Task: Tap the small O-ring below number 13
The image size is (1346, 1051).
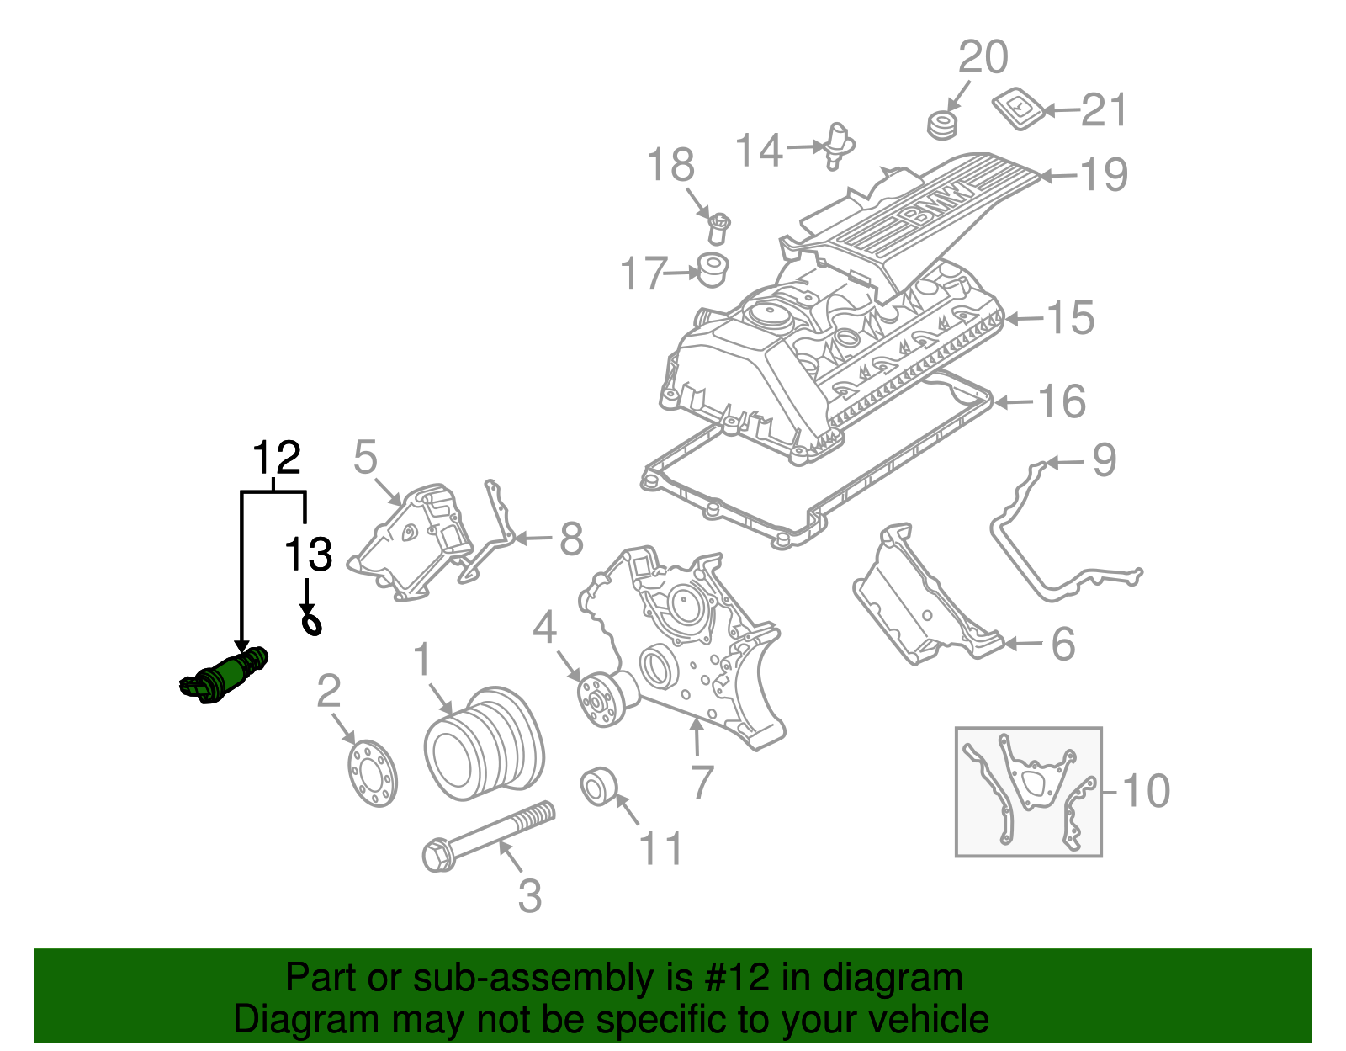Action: tap(312, 624)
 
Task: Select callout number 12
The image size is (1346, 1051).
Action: tap(276, 459)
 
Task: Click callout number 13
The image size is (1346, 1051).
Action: tap(308, 555)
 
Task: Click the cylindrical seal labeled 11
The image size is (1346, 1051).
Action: tap(600, 787)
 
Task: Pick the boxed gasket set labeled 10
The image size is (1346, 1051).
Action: tap(1028, 792)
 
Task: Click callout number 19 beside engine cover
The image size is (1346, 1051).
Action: tap(1103, 175)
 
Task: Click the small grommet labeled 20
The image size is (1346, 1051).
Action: tap(942, 125)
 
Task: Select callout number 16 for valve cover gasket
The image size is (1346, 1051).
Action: tap(1062, 401)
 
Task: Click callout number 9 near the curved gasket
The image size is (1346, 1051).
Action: tap(1104, 460)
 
